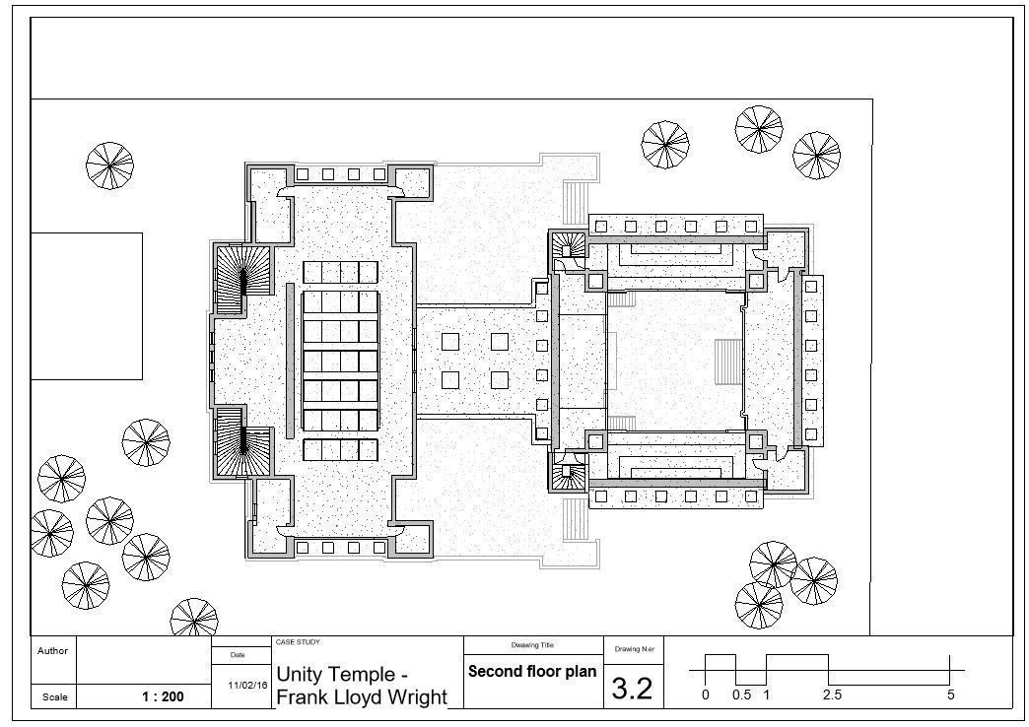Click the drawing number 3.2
tap(632, 688)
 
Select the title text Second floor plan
tap(532, 672)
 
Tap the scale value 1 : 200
tap(163, 696)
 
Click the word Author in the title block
tap(52, 651)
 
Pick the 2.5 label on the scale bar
tap(833, 694)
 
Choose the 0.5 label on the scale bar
tap(741, 694)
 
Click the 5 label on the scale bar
tap(950, 694)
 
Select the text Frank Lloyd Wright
tap(361, 697)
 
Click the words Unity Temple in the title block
tap(342, 676)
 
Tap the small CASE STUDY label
tap(298, 642)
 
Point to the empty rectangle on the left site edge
tap(87, 305)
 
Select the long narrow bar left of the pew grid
tap(289, 361)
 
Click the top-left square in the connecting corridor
tap(450, 342)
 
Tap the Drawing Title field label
tap(532, 645)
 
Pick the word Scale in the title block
tap(54, 697)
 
